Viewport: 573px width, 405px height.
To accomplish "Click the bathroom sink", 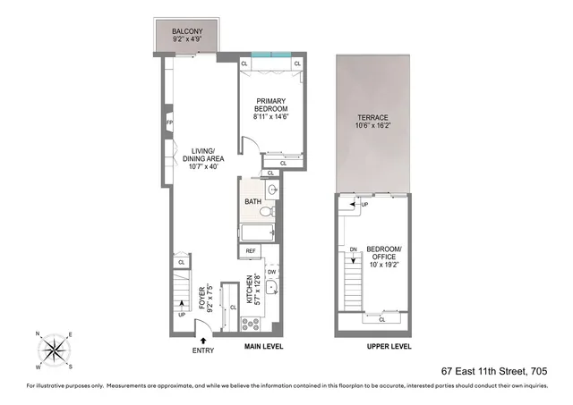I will coord(271,190).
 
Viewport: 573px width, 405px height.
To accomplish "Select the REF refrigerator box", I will coord(252,251).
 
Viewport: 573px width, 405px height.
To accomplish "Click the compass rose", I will coord(56,348).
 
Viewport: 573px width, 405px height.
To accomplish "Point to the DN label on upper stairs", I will coord(354,249).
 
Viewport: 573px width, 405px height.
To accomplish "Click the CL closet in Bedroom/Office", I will coord(383,318).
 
